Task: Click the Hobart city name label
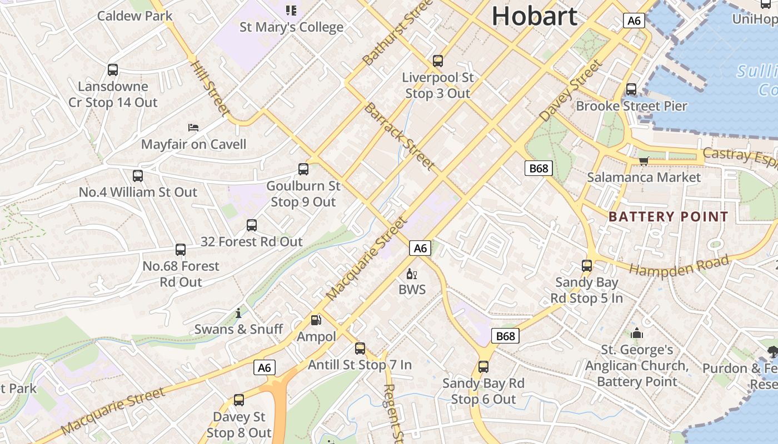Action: click(x=534, y=16)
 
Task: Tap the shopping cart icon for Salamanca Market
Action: click(x=644, y=162)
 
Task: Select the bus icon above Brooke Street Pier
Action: click(x=631, y=89)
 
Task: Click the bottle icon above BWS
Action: click(x=412, y=274)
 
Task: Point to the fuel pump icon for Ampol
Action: click(x=316, y=320)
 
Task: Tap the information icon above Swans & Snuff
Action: click(x=238, y=313)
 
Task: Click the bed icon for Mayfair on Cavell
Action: click(x=193, y=128)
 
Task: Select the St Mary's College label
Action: click(x=291, y=27)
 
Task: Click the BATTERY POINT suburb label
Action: click(x=668, y=216)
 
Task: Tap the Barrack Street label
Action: click(x=398, y=135)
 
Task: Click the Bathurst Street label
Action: click(x=397, y=32)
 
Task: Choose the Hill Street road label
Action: click(x=210, y=89)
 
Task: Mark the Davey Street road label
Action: click(x=571, y=90)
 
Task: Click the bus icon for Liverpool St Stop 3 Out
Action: click(x=438, y=61)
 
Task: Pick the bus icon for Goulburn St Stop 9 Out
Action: click(x=303, y=169)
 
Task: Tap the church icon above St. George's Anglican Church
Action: click(x=636, y=334)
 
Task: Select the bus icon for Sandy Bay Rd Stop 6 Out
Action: click(x=483, y=367)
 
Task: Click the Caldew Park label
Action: click(x=134, y=16)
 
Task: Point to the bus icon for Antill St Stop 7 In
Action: click(x=360, y=349)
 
